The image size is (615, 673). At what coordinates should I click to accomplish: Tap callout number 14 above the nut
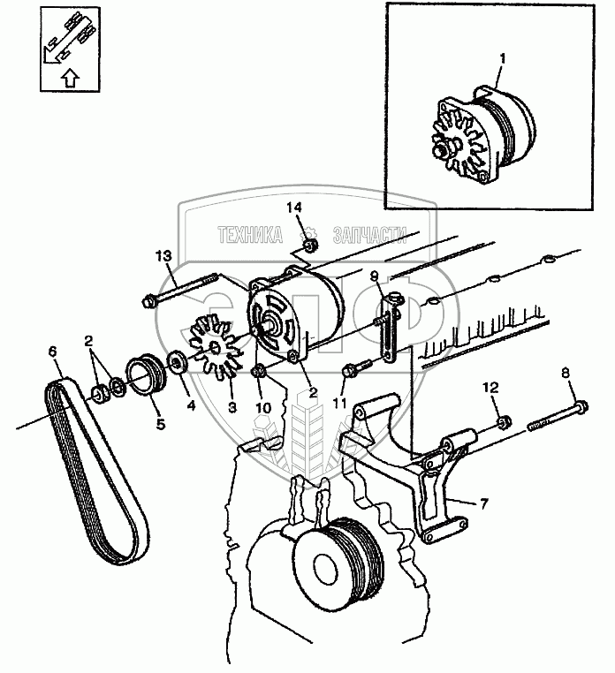295,208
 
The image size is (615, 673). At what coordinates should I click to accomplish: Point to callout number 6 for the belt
53,352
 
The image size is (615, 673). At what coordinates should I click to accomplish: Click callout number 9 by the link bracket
376,276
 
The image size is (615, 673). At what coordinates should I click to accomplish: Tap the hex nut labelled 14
308,246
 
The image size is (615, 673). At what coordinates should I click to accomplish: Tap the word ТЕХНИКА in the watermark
250,234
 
